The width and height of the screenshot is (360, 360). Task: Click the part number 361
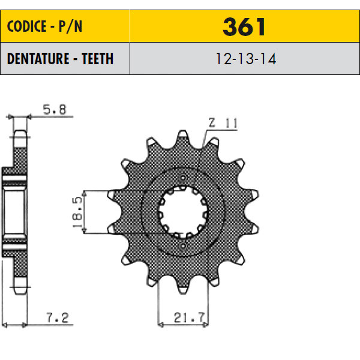point(244,27)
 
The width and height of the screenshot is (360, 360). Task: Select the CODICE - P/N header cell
point(65,26)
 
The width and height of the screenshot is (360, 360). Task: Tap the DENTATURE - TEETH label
point(60,59)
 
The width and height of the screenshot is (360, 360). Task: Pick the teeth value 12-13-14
point(246,59)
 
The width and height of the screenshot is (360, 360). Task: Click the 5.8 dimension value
point(55,110)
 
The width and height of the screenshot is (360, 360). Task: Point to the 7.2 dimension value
point(58,318)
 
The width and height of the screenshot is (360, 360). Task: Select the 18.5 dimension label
point(77,212)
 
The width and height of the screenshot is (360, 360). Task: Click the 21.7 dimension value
point(189,318)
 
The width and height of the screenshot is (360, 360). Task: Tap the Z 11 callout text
point(223,123)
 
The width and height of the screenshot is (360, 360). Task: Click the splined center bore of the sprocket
point(183,212)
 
